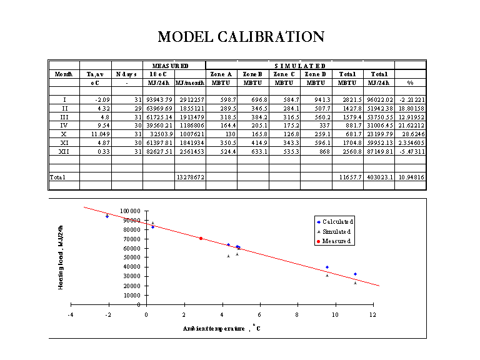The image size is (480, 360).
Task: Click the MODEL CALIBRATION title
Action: click(x=241, y=37)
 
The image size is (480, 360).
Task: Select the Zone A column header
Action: click(x=221, y=74)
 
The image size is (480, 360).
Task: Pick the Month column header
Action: click(x=64, y=74)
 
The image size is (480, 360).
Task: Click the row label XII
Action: click(x=64, y=151)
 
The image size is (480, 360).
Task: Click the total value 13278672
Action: click(x=190, y=177)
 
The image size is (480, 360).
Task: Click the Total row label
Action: click(x=57, y=177)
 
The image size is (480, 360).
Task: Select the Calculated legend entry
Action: click(x=337, y=222)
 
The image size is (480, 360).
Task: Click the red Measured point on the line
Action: click(x=201, y=238)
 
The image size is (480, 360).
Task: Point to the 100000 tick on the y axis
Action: click(x=131, y=211)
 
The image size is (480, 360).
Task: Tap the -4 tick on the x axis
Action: click(x=71, y=314)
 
